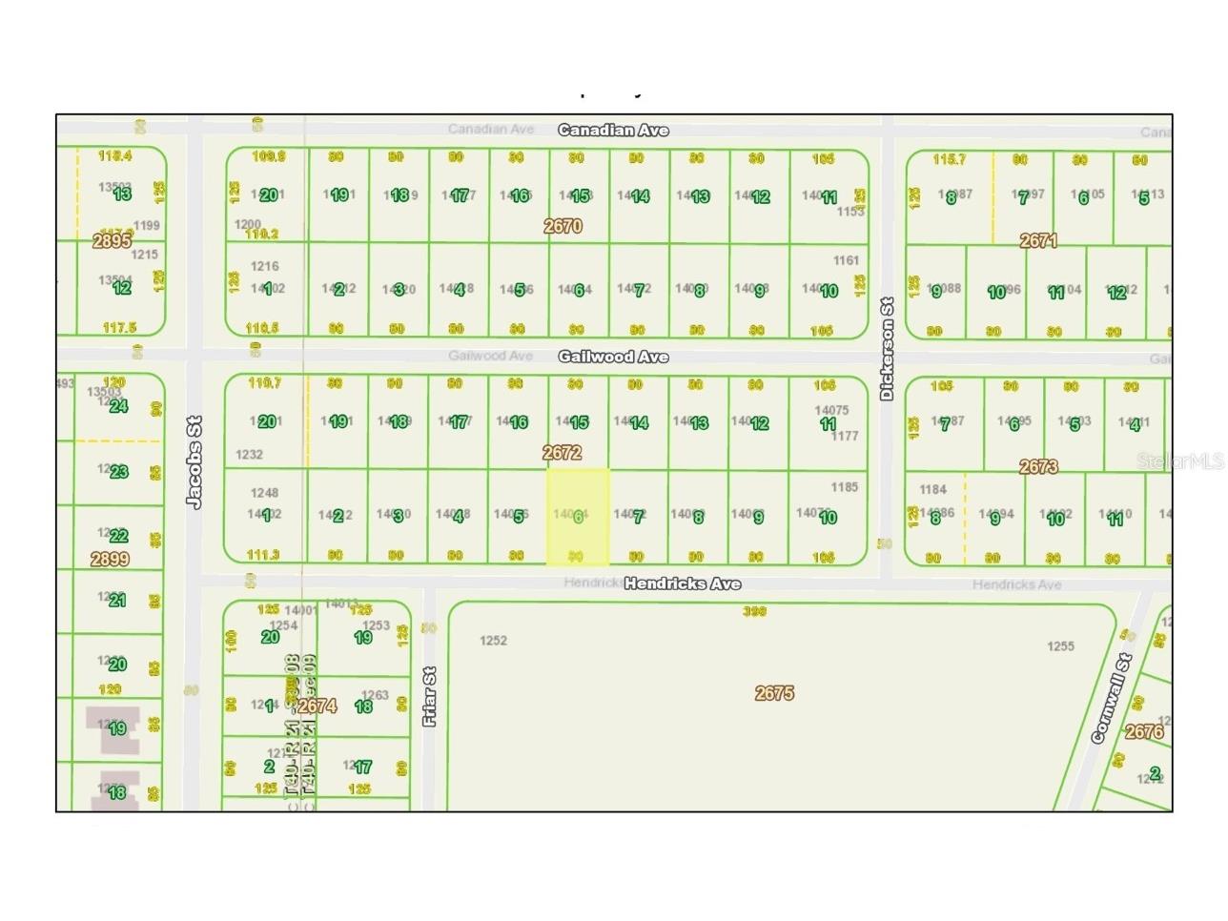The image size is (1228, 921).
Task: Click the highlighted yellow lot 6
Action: pyautogui.click(x=577, y=516)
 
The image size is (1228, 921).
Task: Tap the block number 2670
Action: pyautogui.click(x=563, y=226)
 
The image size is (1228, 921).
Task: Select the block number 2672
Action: pyautogui.click(x=562, y=452)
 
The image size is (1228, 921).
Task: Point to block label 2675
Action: pyautogui.click(x=774, y=693)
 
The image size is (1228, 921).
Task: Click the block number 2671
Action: pyautogui.click(x=1038, y=240)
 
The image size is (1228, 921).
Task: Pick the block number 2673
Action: pyautogui.click(x=1038, y=466)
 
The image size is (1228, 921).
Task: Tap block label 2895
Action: pyautogui.click(x=112, y=241)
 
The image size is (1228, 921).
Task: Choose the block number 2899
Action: pyautogui.click(x=110, y=559)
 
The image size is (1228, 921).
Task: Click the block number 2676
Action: pyautogui.click(x=1144, y=731)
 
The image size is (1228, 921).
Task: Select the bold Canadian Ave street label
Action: pyautogui.click(x=613, y=130)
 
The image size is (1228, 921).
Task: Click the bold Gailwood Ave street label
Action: pyautogui.click(x=613, y=357)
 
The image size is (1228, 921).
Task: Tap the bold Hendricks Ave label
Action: pyautogui.click(x=682, y=583)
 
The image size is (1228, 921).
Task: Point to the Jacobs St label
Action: pyautogui.click(x=194, y=462)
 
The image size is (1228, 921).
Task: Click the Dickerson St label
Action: pyautogui.click(x=887, y=349)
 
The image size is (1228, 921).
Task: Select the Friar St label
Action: pyautogui.click(x=430, y=697)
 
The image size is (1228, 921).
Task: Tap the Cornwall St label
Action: pyautogui.click(x=1111, y=698)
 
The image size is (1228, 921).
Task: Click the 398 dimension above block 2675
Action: pyautogui.click(x=754, y=611)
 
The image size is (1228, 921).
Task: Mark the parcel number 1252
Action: pyautogui.click(x=493, y=641)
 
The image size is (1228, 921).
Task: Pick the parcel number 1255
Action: pyautogui.click(x=1060, y=646)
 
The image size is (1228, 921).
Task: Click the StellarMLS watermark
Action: pyautogui.click(x=1180, y=461)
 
